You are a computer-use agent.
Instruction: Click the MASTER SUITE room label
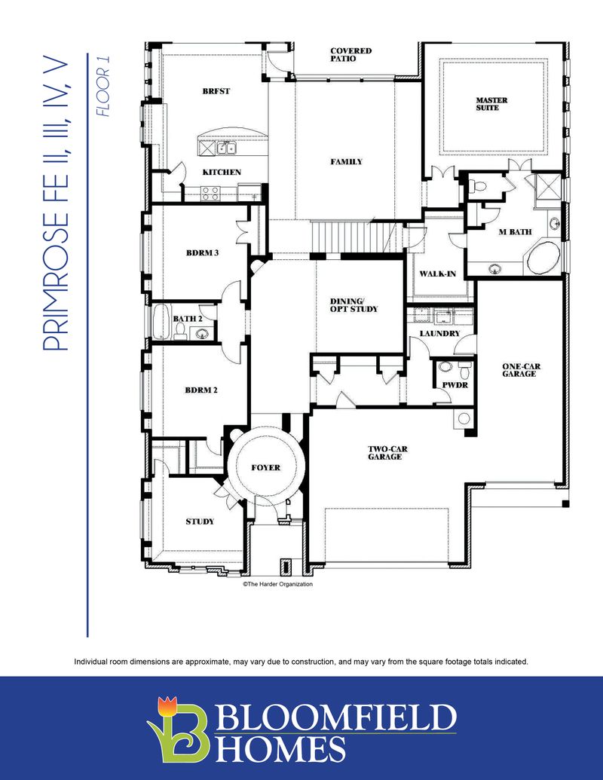pyautogui.click(x=491, y=104)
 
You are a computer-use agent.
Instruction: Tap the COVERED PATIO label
pyautogui.click(x=350, y=55)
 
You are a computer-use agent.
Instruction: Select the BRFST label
pyautogui.click(x=216, y=91)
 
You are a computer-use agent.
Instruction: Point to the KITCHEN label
pyautogui.click(x=222, y=173)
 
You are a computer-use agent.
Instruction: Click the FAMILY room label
pyautogui.click(x=346, y=162)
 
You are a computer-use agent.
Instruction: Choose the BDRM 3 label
pyautogui.click(x=202, y=252)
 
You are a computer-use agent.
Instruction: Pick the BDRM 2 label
pyautogui.click(x=201, y=390)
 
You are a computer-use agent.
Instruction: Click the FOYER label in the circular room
pyautogui.click(x=265, y=468)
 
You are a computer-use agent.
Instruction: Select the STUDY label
pyautogui.click(x=200, y=522)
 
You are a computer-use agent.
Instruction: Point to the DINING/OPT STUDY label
pyautogui.click(x=354, y=305)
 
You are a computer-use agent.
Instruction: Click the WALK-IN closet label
pyautogui.click(x=437, y=274)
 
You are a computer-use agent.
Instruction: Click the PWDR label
pyautogui.click(x=452, y=384)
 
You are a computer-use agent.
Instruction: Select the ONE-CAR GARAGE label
pyautogui.click(x=521, y=371)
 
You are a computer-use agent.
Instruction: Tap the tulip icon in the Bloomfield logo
pyautogui.click(x=167, y=708)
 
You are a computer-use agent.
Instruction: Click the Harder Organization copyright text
pyautogui.click(x=277, y=584)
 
